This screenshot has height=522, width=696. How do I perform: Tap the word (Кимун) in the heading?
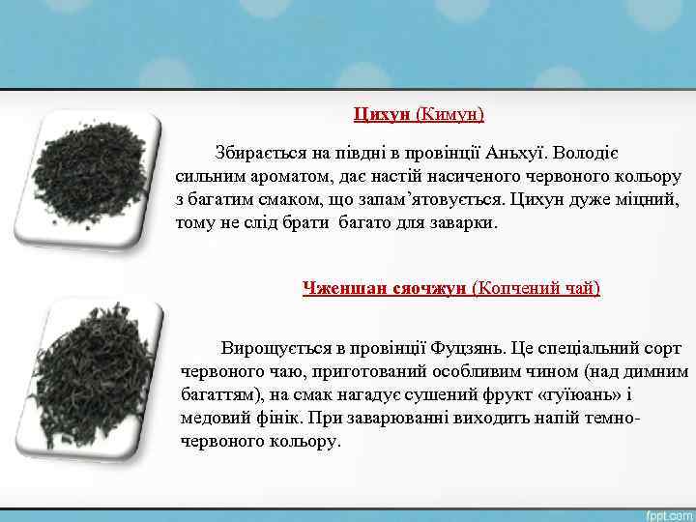(x=449, y=114)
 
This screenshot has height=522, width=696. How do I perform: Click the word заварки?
(x=460, y=222)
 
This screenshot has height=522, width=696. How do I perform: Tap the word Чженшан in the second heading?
(x=341, y=288)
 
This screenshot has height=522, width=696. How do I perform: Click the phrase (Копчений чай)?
(x=536, y=288)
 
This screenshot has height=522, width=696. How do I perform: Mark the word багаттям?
(x=218, y=394)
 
